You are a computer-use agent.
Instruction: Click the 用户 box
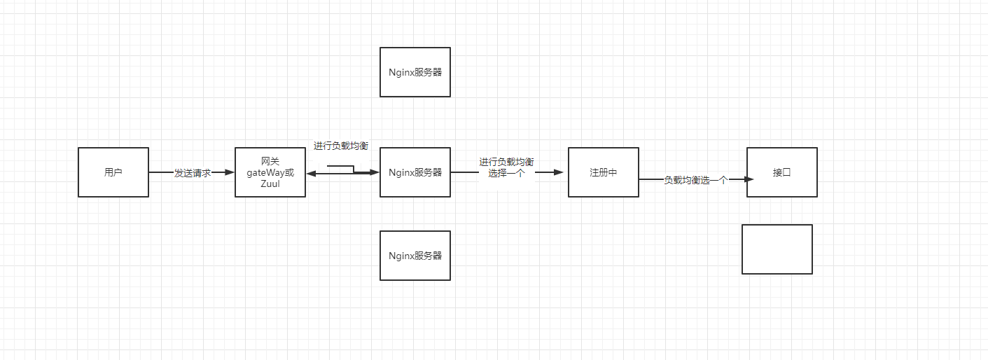tap(113, 172)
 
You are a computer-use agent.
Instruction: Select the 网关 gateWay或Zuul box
tap(270, 172)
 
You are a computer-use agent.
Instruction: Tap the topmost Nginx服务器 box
tap(415, 72)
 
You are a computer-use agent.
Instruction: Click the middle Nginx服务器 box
tap(415, 172)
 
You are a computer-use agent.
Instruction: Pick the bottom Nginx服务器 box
tap(415, 256)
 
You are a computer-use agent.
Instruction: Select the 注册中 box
tap(603, 172)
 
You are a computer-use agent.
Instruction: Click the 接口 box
tap(781, 172)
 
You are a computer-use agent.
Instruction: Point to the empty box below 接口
tap(777, 249)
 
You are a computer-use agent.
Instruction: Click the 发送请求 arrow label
tap(192, 173)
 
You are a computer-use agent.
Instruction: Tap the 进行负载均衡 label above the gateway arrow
tap(341, 146)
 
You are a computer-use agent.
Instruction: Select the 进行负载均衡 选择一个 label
tap(506, 167)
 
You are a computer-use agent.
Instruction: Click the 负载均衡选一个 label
tap(695, 180)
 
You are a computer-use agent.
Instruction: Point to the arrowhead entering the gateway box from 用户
tap(229, 172)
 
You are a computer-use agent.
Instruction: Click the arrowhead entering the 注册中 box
tap(558, 172)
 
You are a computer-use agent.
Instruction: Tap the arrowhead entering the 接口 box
tap(749, 179)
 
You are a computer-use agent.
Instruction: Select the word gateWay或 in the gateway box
tap(270, 172)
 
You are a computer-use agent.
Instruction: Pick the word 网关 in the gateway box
tap(270, 162)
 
